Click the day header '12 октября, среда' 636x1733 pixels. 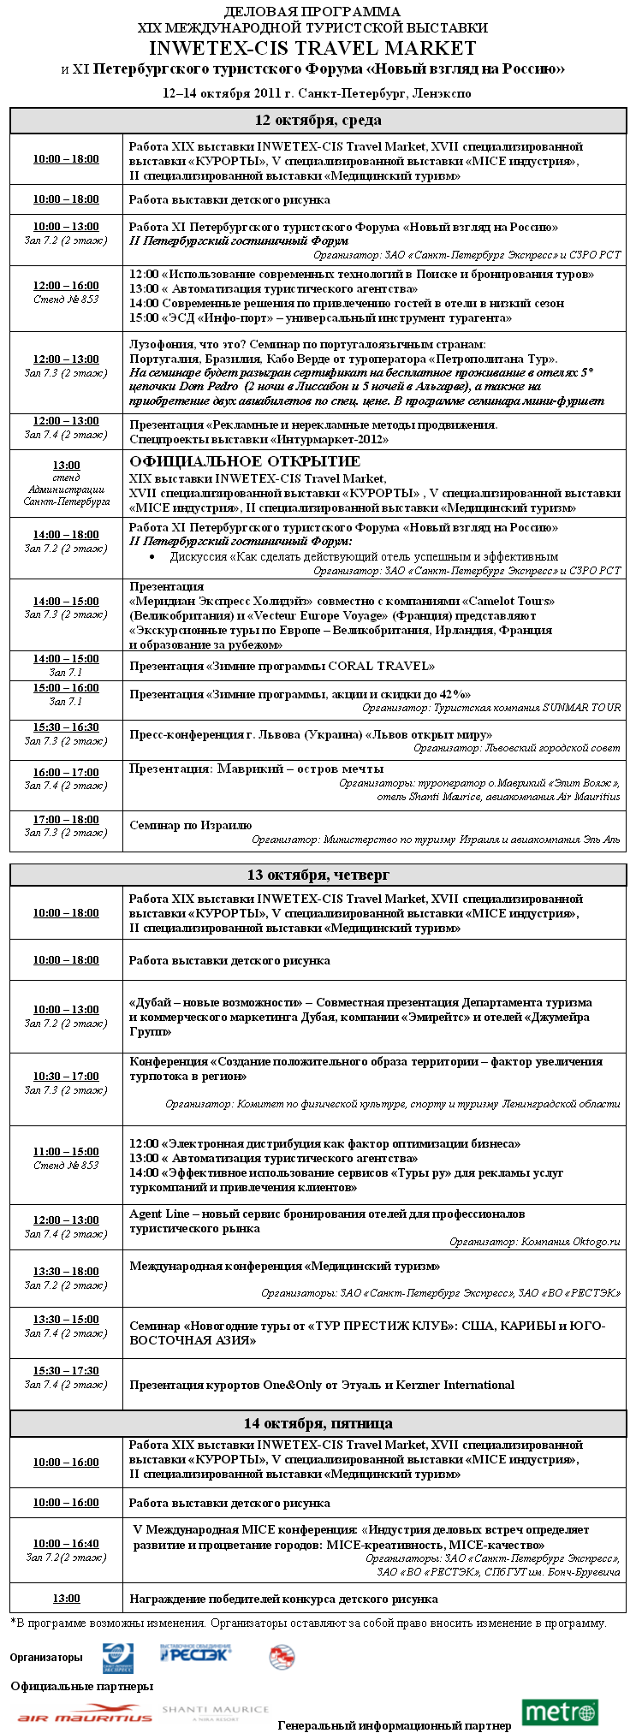318,121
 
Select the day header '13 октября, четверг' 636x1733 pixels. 318,875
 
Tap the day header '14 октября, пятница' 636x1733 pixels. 318,1423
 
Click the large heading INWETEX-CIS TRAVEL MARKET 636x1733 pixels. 312,49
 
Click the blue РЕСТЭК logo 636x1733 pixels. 196,1653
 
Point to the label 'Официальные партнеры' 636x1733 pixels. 82,1686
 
